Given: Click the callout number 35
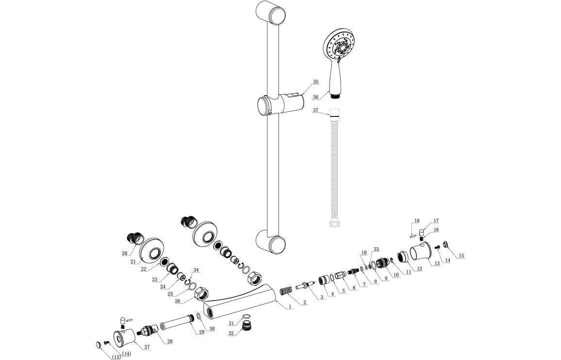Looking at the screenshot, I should point(315,82).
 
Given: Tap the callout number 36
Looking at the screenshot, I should point(315,97).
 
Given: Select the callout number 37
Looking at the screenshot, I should point(315,111).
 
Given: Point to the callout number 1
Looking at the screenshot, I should point(290,307).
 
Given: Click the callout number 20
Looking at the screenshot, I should point(125,253).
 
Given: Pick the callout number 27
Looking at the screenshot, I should point(146,346).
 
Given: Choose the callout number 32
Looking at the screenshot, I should point(231,333).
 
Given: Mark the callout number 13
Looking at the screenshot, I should point(437,263).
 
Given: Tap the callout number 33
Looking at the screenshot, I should point(376,249).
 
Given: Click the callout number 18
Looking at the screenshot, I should point(416,220).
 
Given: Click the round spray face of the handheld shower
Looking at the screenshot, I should point(343,47).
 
